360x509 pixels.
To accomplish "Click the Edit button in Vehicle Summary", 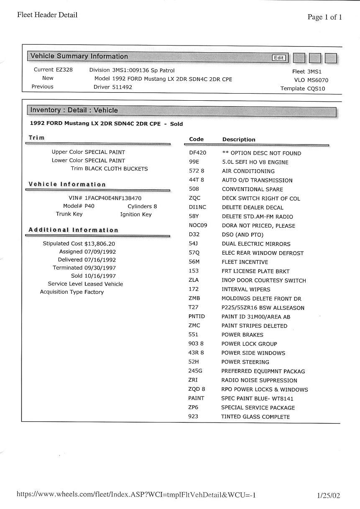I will pos(279,58).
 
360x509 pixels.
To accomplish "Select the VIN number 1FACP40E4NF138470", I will pos(113,199).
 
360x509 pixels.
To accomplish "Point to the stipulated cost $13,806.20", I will pos(100,244).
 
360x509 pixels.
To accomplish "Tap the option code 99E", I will pos(194,162).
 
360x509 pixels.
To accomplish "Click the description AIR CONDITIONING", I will pos(248,171).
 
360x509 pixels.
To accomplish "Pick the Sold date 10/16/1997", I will pos(100,276).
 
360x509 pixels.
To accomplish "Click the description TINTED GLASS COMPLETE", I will pos(255,417).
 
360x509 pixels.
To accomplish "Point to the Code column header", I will pos(196,139).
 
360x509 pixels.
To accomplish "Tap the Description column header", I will pos(239,140).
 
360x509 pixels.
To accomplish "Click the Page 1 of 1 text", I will pos(325,17).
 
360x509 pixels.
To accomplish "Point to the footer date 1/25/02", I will pos(329,496).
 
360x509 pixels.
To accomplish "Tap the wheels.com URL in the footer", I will pos(136,495).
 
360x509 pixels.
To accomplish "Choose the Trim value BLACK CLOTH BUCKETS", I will pos(116,169).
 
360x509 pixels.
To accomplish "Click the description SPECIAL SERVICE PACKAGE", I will pos(258,407).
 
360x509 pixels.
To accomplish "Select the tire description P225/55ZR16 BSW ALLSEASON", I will pos(263,308).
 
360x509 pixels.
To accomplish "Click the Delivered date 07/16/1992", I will pos(100,260).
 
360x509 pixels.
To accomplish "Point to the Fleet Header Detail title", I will pos(47,15).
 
